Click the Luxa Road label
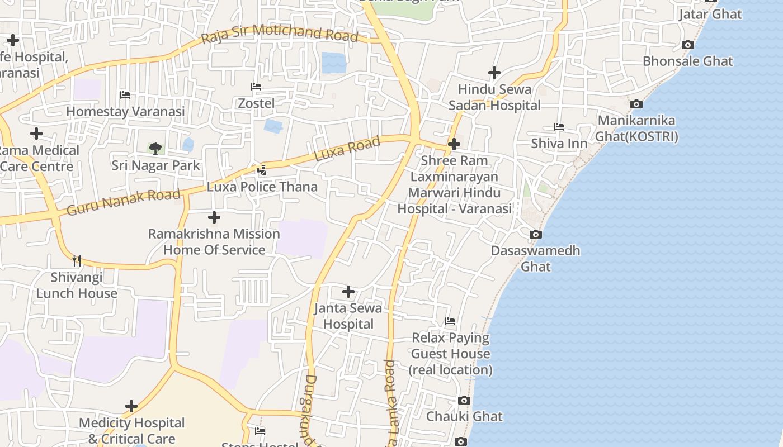coord(347,149)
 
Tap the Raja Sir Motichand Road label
coord(279,33)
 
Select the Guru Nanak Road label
coord(124,202)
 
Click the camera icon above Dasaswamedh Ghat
coord(536,234)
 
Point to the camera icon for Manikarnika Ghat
coord(636,104)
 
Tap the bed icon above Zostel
coord(256,87)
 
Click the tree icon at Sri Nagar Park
coord(155,148)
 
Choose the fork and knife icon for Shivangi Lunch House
coord(77,260)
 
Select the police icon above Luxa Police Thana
coord(262,170)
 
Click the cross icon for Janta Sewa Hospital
coord(348,291)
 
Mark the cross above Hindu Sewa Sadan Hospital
coord(494,73)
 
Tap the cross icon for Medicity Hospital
coord(131,406)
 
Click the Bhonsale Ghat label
coord(687,61)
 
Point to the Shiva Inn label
coord(559,144)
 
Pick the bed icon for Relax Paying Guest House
coord(450,321)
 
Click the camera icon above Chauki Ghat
coord(464,400)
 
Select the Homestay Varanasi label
coord(125,111)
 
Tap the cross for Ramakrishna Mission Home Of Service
coord(214,217)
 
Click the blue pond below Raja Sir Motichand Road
coord(334,63)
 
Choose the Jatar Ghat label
coord(710,14)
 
